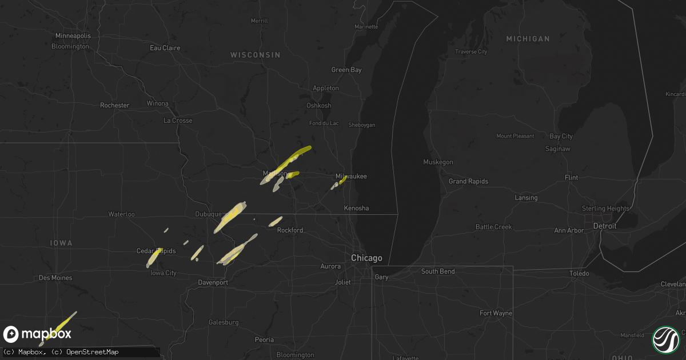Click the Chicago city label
(x=366, y=258)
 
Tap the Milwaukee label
(x=351, y=177)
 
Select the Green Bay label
(x=346, y=70)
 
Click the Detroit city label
(x=605, y=226)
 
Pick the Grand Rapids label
(x=468, y=181)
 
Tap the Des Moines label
(x=56, y=278)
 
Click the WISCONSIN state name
(x=256, y=55)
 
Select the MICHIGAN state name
(x=528, y=39)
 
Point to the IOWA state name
(x=61, y=243)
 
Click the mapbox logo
(x=38, y=334)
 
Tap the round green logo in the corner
(x=666, y=339)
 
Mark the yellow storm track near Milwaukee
(x=342, y=180)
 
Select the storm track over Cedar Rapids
(x=154, y=258)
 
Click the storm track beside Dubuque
(x=230, y=217)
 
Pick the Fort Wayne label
(x=496, y=313)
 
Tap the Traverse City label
(x=471, y=52)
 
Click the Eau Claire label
(x=165, y=48)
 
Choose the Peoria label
(x=264, y=339)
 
